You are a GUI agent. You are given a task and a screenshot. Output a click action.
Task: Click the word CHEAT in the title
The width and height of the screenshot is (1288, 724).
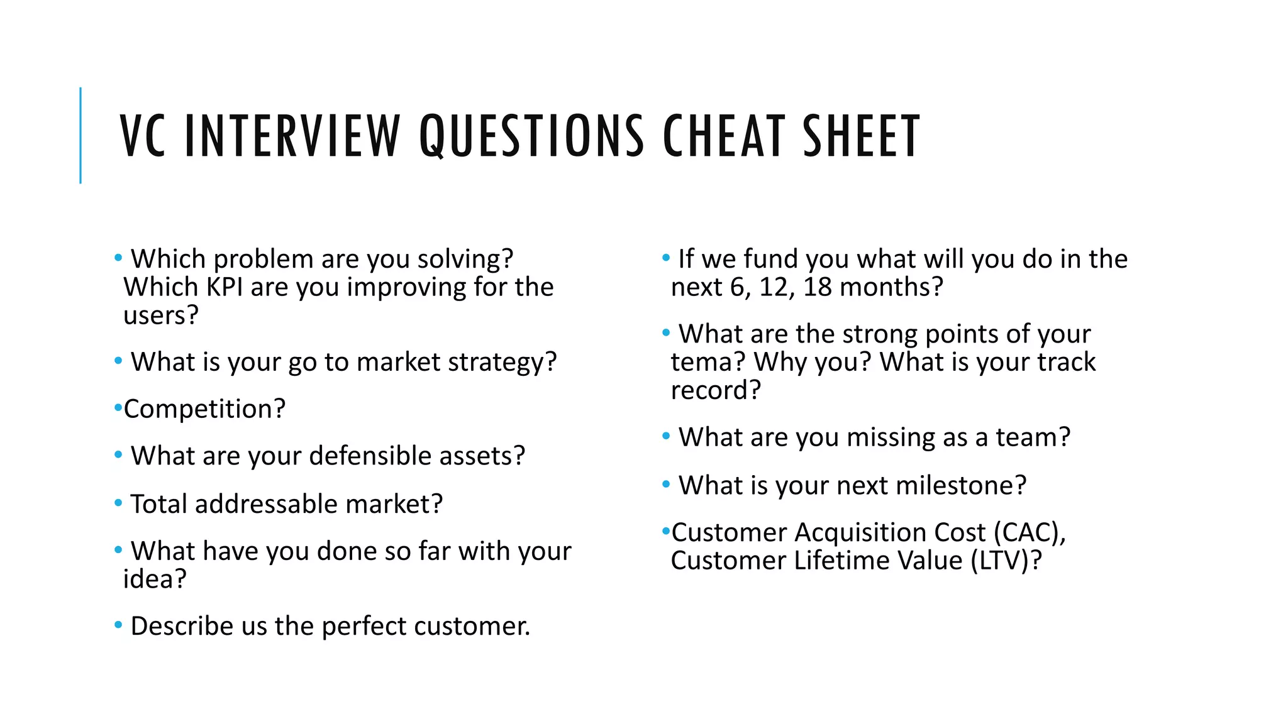click(724, 136)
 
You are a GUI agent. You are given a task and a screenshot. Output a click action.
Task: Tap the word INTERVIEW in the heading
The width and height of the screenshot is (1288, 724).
click(292, 136)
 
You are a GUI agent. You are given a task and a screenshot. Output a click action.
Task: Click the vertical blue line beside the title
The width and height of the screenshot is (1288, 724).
click(80, 135)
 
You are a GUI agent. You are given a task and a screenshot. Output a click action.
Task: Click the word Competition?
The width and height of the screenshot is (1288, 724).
click(204, 409)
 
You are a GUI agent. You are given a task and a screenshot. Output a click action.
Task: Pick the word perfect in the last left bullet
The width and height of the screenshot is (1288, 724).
click(364, 626)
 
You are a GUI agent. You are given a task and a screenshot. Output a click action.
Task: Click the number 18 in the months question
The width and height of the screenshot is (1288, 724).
click(818, 287)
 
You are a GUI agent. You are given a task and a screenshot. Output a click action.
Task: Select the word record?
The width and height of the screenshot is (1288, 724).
click(716, 390)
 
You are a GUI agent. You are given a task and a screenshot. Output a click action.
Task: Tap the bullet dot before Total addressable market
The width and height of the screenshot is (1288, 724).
click(118, 503)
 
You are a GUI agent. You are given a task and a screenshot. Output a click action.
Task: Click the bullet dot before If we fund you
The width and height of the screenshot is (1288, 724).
click(666, 258)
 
